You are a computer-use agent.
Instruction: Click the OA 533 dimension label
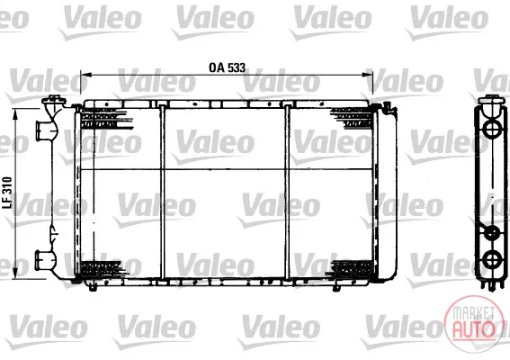(x=227, y=67)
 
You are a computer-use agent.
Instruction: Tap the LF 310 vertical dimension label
(x=7, y=193)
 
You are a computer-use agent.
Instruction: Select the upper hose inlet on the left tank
(x=43, y=130)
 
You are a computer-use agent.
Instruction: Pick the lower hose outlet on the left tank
(x=43, y=259)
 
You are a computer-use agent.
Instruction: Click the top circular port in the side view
(x=491, y=129)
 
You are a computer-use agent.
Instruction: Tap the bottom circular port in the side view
(x=492, y=259)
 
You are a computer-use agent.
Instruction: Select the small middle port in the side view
(x=492, y=233)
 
